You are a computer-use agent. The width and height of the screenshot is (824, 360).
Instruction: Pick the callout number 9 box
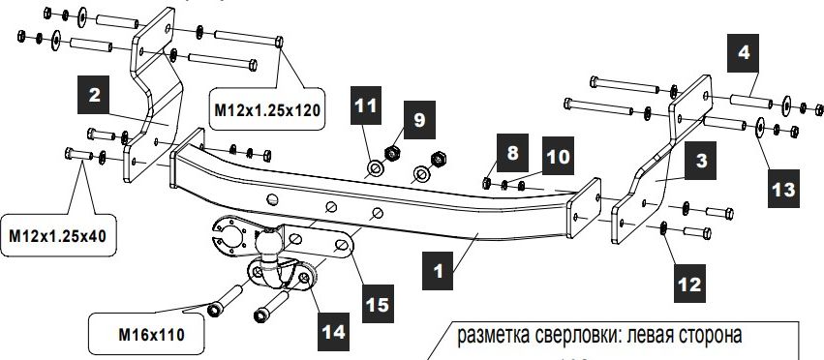coord(418,120)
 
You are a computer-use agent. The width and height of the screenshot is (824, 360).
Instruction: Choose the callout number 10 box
coord(558,155)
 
